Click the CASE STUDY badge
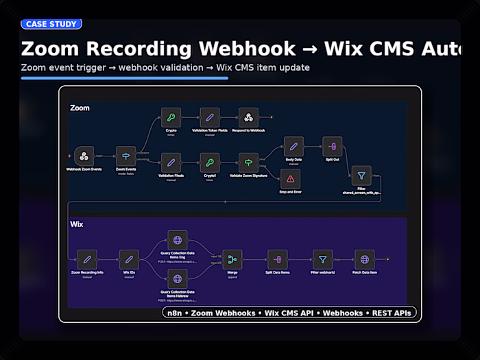[x=51, y=24]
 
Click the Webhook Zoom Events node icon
[x=84, y=156]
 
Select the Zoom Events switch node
[x=125, y=156]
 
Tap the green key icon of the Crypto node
[x=171, y=117]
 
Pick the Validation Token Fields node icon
[x=210, y=117]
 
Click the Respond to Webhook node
[x=248, y=117]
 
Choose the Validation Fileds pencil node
[x=171, y=163]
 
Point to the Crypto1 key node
[x=210, y=163]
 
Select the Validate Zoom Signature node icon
[x=248, y=163]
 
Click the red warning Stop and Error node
[x=290, y=178]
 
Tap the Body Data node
[x=293, y=147]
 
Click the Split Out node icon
[x=332, y=147]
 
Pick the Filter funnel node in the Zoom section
[x=361, y=176]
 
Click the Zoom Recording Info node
[x=86, y=259]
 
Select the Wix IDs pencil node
[x=128, y=259]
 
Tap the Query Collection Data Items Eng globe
[x=178, y=241]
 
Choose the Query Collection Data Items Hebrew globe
[x=178, y=278]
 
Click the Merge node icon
[x=232, y=259]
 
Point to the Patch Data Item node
[x=364, y=259]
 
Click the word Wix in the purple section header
[x=76, y=224]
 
